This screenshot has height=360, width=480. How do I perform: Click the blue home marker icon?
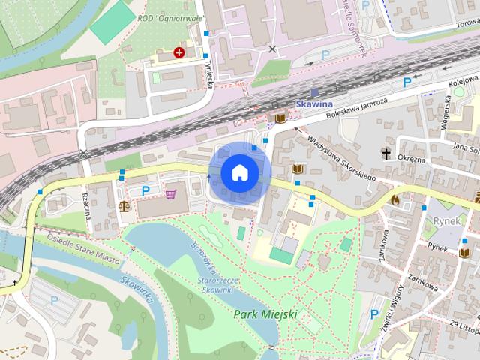click(239, 172)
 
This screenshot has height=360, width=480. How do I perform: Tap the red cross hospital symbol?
click(179, 52)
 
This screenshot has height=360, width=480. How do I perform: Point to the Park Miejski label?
click(265, 313)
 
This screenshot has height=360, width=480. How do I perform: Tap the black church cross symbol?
click(386, 154)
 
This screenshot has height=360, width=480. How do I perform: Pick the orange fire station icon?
click(395, 200)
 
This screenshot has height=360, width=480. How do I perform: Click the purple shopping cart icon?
click(171, 194)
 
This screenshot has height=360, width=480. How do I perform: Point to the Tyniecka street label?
click(211, 73)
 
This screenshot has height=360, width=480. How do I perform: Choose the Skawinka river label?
click(136, 289)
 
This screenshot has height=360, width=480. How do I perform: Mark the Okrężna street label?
click(410, 159)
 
